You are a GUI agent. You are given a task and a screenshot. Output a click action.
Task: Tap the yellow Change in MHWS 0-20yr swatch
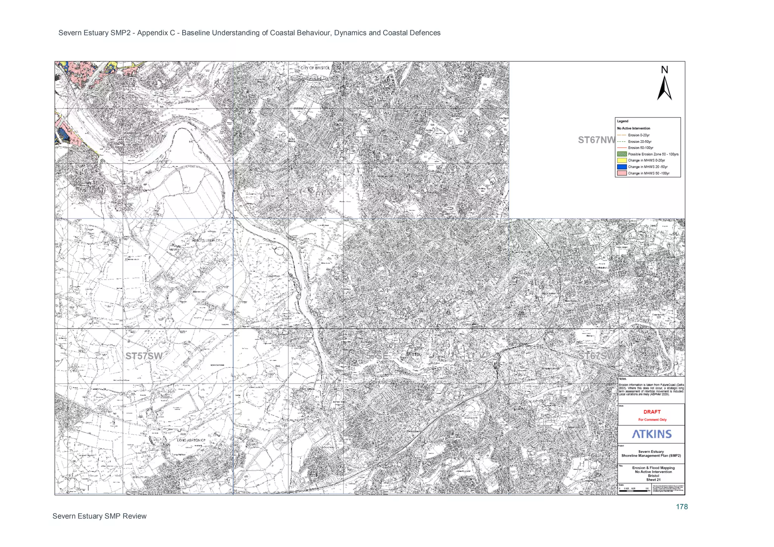pyautogui.click(x=622, y=161)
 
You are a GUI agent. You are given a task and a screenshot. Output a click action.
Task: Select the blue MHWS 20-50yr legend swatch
pyautogui.click(x=622, y=167)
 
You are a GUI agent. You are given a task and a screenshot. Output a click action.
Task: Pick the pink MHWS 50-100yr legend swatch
pyautogui.click(x=622, y=173)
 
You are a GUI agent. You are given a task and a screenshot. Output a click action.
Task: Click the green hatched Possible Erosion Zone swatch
pyautogui.click(x=622, y=154)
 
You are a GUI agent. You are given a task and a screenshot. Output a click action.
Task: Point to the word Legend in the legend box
pyautogui.click(x=622, y=121)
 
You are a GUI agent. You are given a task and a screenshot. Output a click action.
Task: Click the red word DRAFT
pyautogui.click(x=652, y=412)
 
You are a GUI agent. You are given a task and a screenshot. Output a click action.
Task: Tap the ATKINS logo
pyautogui.click(x=652, y=434)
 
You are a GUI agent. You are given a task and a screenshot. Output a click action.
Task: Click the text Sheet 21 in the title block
pyautogui.click(x=653, y=480)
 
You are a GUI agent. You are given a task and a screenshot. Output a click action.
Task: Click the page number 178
pyautogui.click(x=682, y=507)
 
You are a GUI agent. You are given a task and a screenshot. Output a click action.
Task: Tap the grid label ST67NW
pyautogui.click(x=596, y=140)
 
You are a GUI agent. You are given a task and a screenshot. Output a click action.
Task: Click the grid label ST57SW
pyautogui.click(x=144, y=356)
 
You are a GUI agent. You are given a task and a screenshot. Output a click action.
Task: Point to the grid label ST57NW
pyautogui.click(x=144, y=140)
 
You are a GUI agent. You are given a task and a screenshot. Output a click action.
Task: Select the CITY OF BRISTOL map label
pyautogui.click(x=315, y=68)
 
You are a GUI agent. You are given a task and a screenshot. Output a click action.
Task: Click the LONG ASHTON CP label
pyautogui.click(x=191, y=440)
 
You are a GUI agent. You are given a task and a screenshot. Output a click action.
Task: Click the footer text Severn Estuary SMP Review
pyautogui.click(x=99, y=516)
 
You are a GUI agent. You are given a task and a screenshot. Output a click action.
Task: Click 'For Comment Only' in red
pyautogui.click(x=652, y=420)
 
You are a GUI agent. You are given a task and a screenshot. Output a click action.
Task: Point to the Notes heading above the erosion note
pyautogui.click(x=623, y=379)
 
